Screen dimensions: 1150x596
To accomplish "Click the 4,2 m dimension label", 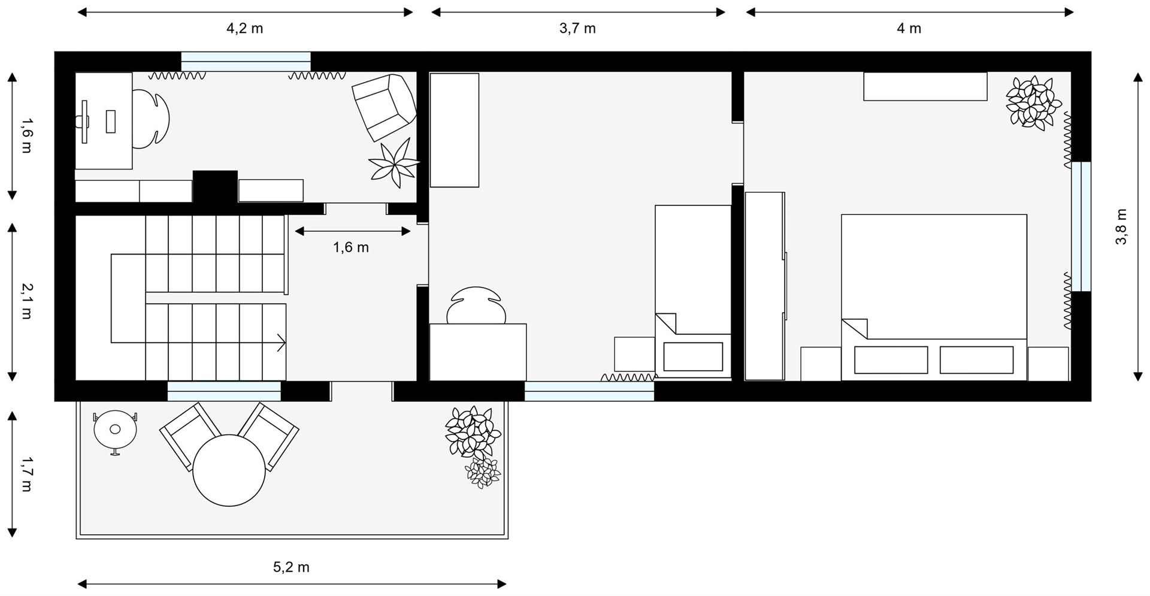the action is [244, 28].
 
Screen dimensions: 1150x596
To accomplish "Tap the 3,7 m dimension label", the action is [577, 28].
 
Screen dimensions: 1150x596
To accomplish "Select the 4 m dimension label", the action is [909, 28].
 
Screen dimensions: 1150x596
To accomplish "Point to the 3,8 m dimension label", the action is [1121, 226].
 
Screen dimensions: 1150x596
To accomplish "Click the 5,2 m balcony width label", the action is [291, 567].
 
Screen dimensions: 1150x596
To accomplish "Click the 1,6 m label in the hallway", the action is [351, 247].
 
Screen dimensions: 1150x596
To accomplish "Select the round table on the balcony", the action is [229, 470].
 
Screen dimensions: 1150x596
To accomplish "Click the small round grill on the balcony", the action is [115, 429].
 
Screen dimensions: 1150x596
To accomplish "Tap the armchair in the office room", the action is [384, 107].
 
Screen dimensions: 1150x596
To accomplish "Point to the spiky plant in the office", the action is [394, 163].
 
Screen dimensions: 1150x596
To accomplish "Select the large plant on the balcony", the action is [473, 432].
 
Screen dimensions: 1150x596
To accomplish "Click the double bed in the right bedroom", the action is [934, 297].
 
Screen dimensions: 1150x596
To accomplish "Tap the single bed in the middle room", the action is [693, 292].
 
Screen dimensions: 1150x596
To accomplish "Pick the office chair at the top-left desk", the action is [151, 119].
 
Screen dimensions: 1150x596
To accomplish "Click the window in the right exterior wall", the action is [1081, 226].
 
